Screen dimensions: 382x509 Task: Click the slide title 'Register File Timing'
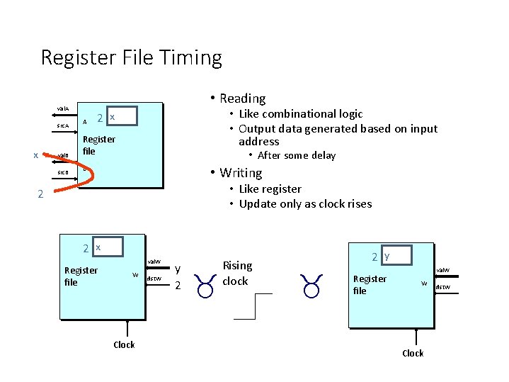click(x=132, y=57)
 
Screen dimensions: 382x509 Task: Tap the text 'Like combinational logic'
click(x=300, y=114)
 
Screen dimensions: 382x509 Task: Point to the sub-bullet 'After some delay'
click(x=296, y=156)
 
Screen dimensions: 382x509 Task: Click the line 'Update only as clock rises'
click(x=305, y=204)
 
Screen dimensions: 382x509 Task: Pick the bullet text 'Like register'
click(x=270, y=189)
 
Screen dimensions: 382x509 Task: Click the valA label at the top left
click(x=63, y=108)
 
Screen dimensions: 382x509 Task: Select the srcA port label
click(x=63, y=126)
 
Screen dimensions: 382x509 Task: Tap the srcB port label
click(x=63, y=172)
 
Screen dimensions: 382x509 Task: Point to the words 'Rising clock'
click(x=236, y=273)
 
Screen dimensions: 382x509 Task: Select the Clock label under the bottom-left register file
click(x=124, y=345)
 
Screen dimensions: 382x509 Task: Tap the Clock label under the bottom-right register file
click(x=413, y=353)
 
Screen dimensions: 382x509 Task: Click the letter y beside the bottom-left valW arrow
click(x=178, y=269)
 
